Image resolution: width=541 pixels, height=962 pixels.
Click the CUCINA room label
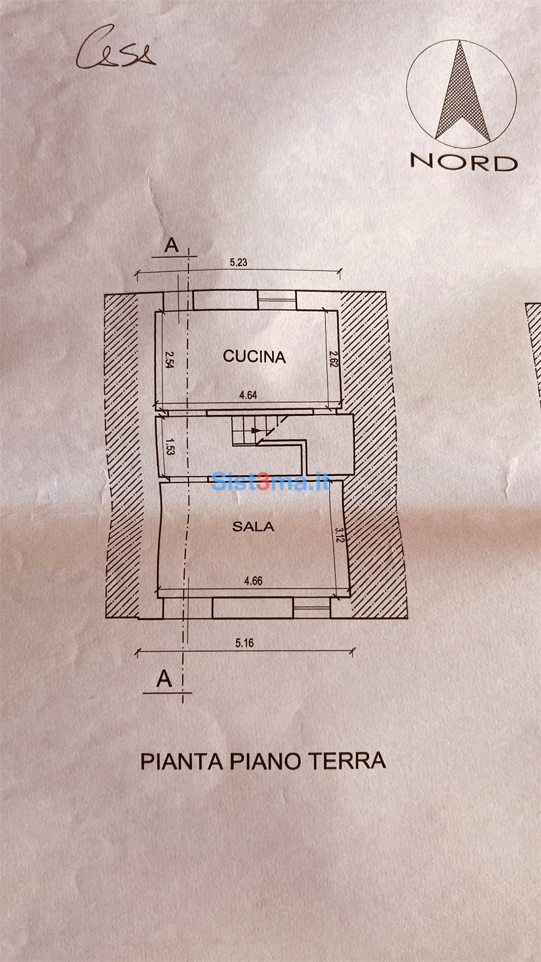[254, 356]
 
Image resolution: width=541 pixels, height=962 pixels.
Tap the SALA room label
[253, 527]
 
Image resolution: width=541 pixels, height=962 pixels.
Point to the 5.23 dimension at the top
[239, 263]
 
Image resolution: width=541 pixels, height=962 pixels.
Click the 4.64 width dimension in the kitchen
[248, 395]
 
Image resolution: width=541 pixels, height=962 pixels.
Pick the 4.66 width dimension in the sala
[253, 581]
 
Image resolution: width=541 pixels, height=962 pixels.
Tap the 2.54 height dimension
[168, 359]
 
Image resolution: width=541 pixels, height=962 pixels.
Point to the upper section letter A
[171, 246]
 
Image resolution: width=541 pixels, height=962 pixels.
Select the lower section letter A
[164, 679]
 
